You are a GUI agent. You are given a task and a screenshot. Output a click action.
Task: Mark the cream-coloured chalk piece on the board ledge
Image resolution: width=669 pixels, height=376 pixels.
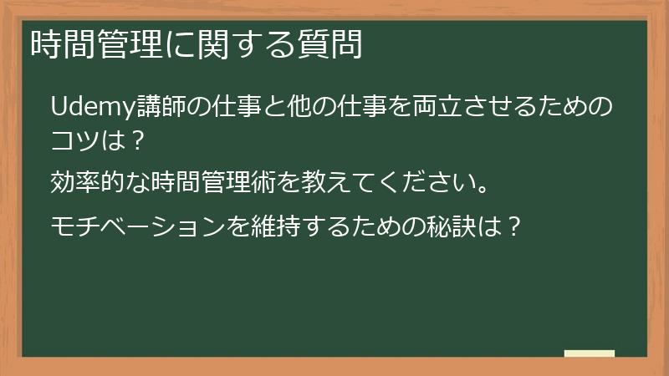590,353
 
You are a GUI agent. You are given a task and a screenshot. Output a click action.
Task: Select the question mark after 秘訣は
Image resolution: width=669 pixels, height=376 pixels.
515,226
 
